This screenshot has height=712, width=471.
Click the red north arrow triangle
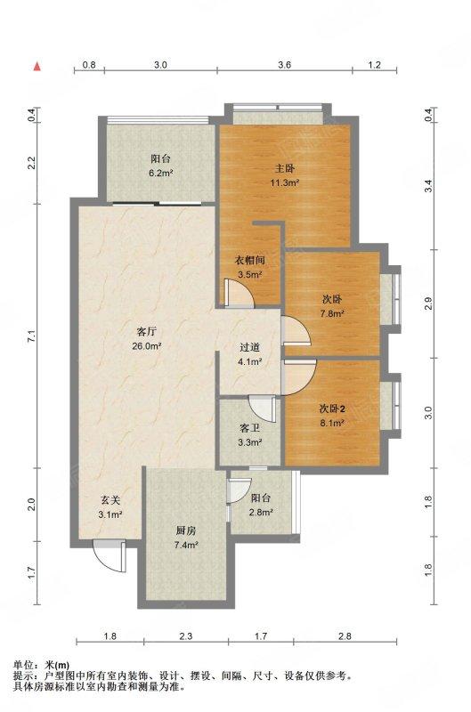(x=37, y=66)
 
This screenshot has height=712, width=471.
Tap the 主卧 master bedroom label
(x=285, y=168)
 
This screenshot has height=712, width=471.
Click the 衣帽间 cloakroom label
(x=249, y=260)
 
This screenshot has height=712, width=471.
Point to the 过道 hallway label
(x=249, y=347)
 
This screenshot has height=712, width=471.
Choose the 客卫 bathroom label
(x=249, y=428)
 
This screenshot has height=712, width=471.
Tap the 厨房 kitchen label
(x=186, y=530)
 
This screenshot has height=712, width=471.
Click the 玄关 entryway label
(x=110, y=500)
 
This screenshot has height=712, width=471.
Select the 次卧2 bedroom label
(x=332, y=409)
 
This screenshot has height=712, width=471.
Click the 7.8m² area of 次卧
(x=332, y=313)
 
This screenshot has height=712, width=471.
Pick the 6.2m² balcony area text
(x=161, y=173)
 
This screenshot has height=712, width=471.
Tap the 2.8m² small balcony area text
(x=261, y=513)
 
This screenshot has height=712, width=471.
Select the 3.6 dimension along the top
(x=284, y=65)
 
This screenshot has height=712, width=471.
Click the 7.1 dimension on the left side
(x=31, y=336)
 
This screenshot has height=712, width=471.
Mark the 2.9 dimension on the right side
(x=428, y=302)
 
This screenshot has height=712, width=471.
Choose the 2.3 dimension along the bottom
(x=186, y=636)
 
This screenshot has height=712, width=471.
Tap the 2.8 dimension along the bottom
(x=345, y=636)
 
